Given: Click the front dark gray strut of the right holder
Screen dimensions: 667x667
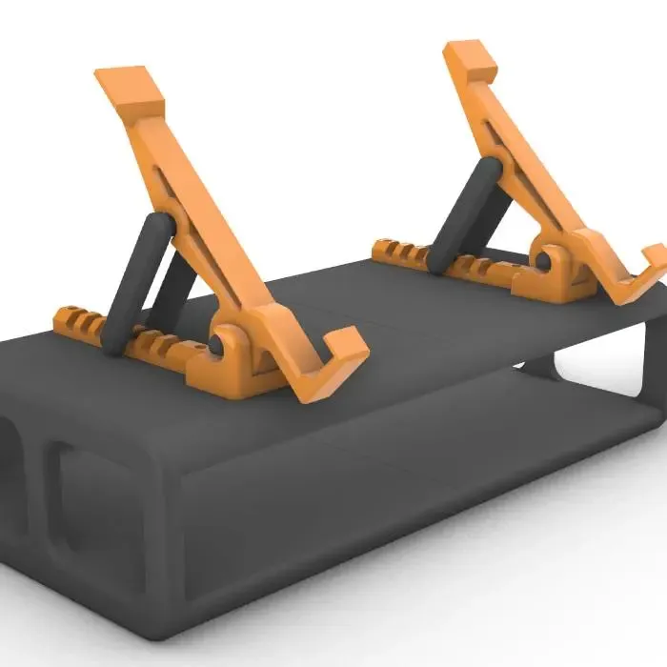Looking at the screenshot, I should tap(467, 215).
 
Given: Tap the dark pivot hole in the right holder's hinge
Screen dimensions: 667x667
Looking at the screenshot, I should tap(540, 259).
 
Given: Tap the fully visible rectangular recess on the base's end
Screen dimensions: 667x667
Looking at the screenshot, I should tap(95, 505).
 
